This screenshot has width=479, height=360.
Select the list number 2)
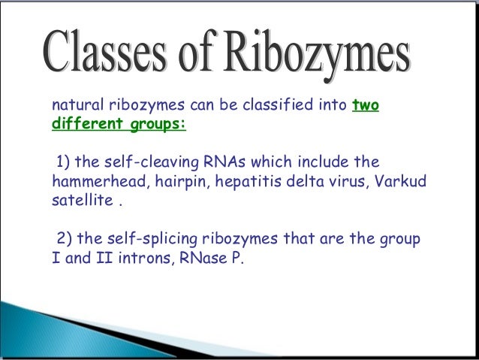(65, 240)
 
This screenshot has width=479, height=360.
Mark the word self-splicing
(145, 240)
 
